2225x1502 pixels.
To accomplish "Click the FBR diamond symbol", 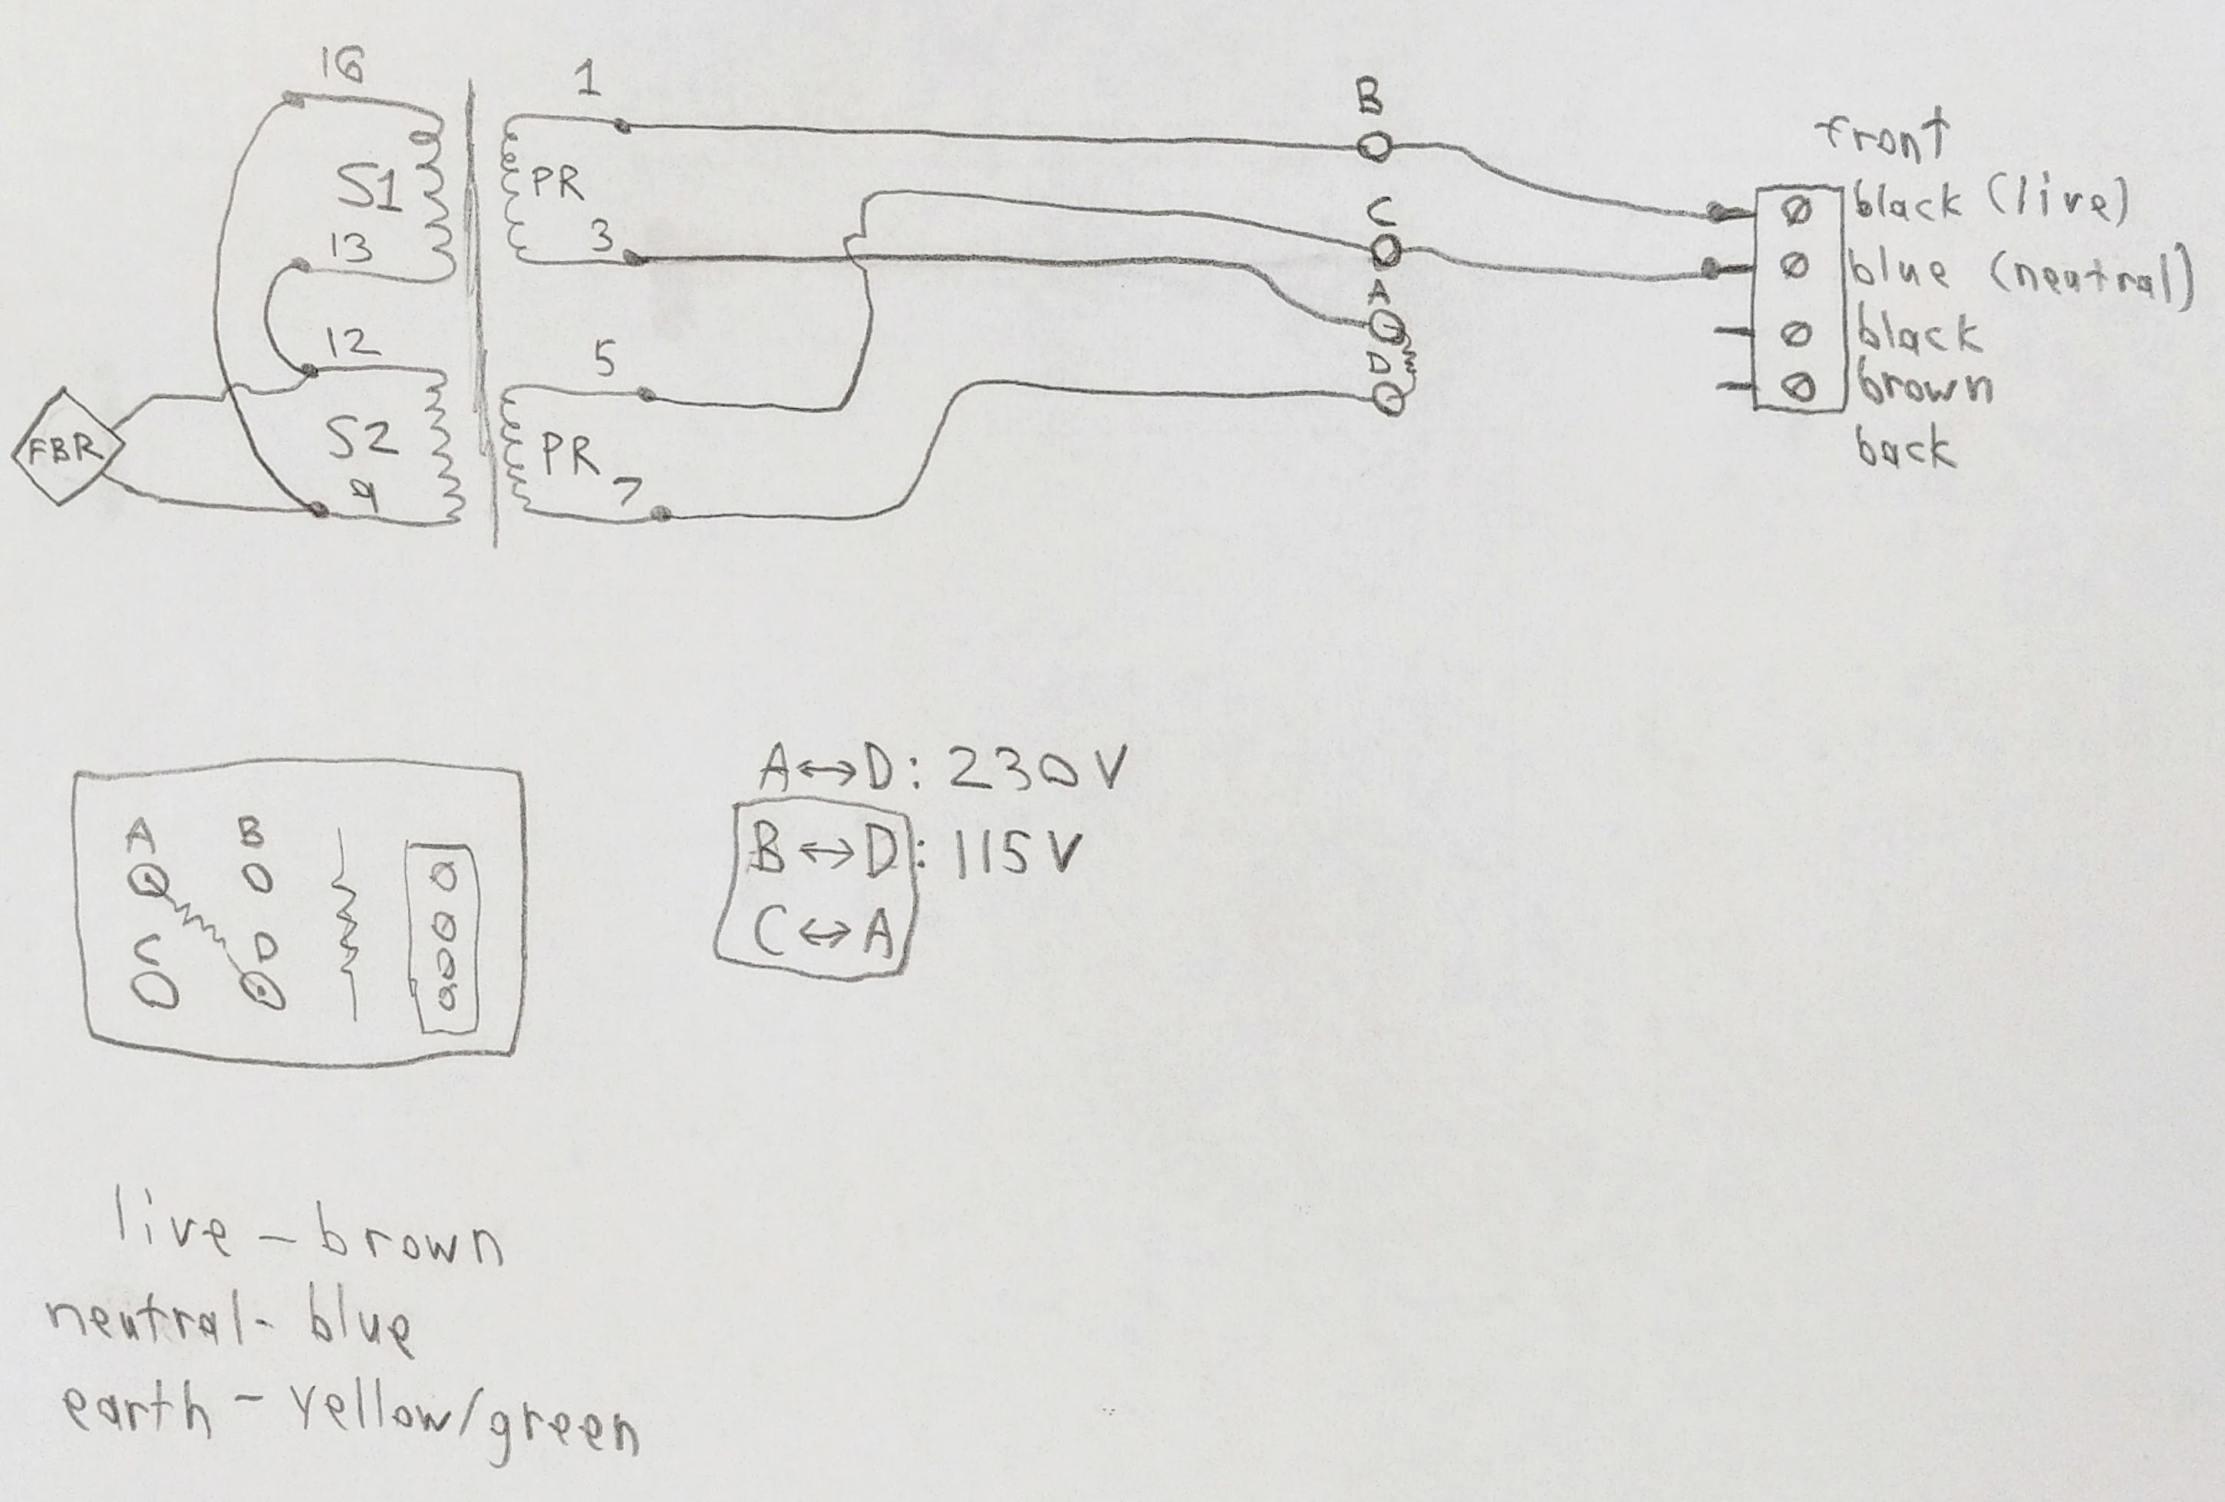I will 66,448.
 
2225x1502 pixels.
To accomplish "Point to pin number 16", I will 341,67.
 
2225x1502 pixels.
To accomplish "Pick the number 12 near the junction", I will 351,341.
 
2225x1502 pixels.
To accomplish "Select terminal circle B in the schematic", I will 1375,147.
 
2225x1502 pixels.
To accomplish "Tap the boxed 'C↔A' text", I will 822,931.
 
